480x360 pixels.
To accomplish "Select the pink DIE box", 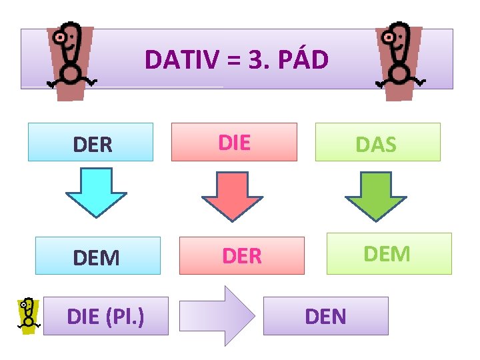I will coord(234,142).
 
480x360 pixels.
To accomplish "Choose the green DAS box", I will coord(377,142).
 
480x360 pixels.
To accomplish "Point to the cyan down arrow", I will coord(96,191).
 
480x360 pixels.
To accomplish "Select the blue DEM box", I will coord(97,256).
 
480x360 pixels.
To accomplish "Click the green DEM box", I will coord(389,253).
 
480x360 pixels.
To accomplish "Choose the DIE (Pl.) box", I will coord(105,316).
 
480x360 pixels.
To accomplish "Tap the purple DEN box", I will coord(325,316).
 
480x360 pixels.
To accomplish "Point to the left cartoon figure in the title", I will coord(69,61).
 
